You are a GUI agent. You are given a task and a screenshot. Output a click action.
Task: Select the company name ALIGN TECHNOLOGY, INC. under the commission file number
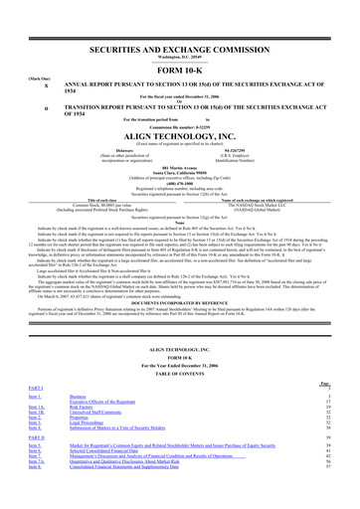(180, 137)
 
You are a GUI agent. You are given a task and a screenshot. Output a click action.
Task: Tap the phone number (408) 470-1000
(180, 190)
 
